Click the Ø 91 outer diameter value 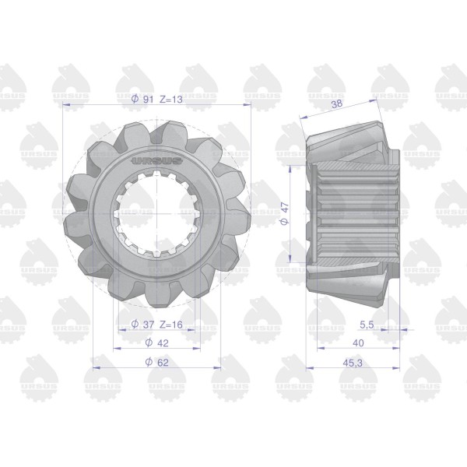pyautogui.click(x=142, y=99)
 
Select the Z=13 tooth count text pyautogui.click(x=171, y=99)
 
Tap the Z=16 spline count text pyautogui.click(x=171, y=324)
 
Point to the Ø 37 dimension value pyautogui.click(x=142, y=324)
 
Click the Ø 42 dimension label pyautogui.click(x=157, y=342)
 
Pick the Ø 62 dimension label pyautogui.click(x=157, y=362)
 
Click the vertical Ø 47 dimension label pyautogui.click(x=285, y=213)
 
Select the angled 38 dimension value pyautogui.click(x=337, y=104)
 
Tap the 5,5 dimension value pyautogui.click(x=367, y=325)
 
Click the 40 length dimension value pyautogui.click(x=358, y=343)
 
